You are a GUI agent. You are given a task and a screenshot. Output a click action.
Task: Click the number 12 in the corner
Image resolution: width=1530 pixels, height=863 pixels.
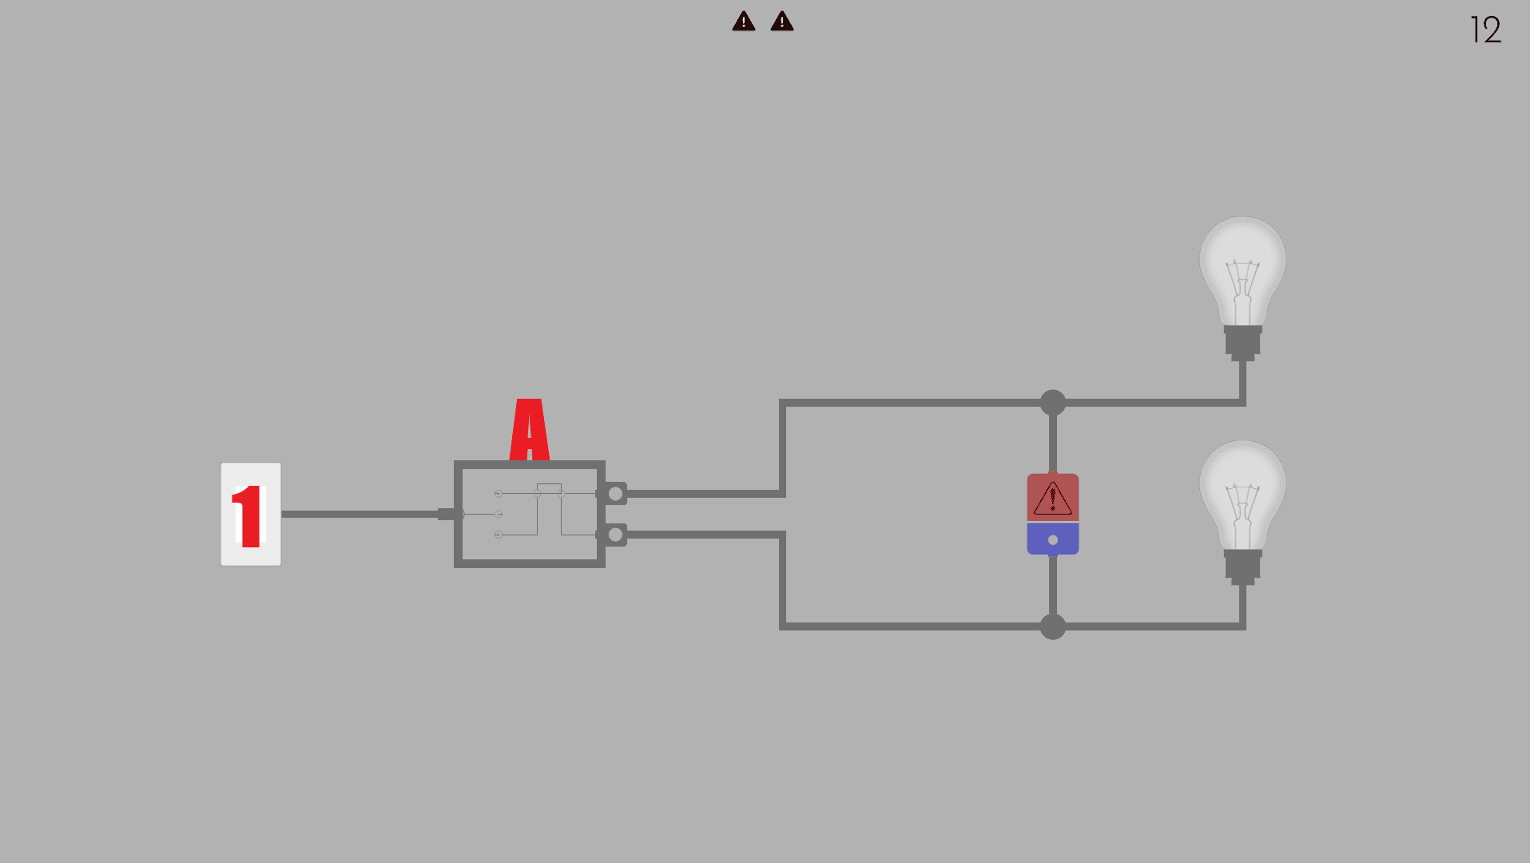(x=1485, y=30)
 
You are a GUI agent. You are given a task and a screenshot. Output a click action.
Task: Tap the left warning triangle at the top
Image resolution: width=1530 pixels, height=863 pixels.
(x=743, y=22)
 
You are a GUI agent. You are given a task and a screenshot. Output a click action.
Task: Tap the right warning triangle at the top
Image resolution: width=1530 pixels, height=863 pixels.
(x=781, y=22)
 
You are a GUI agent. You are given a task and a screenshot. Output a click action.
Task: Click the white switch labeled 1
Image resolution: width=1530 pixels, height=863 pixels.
(x=251, y=514)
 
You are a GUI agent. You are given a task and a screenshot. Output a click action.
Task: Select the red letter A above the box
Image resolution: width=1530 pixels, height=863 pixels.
(x=529, y=431)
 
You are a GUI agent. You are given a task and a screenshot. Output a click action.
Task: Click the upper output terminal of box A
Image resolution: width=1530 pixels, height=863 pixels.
(x=615, y=493)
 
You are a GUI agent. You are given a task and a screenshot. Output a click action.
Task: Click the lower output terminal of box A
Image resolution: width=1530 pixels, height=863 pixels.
(x=615, y=535)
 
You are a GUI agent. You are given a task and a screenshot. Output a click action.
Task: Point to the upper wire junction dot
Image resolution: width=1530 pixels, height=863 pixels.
(x=1052, y=403)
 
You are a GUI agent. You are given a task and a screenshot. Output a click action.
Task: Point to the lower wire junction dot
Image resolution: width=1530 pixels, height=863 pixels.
(x=1052, y=626)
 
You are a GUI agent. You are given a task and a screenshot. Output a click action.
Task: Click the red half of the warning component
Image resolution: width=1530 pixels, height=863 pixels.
(x=1052, y=497)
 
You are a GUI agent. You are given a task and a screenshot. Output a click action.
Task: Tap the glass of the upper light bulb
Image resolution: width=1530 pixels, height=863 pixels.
(x=1242, y=268)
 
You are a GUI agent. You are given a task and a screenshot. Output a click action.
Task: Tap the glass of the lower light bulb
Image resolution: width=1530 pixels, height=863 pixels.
(x=1242, y=491)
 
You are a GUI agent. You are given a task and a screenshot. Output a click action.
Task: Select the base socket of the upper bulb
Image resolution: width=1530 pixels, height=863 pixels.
(x=1242, y=341)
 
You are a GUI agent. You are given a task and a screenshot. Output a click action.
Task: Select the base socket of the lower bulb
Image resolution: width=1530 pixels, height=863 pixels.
(x=1242, y=565)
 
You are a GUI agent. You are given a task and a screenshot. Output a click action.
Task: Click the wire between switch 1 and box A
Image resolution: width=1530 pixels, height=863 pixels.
(x=360, y=514)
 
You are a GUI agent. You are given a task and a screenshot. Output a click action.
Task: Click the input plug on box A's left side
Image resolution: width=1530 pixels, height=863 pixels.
(x=447, y=514)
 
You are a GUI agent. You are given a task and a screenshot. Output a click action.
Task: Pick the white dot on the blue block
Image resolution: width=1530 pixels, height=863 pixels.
(x=1052, y=540)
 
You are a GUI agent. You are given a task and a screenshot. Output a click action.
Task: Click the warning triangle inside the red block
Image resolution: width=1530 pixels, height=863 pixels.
(x=1052, y=499)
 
